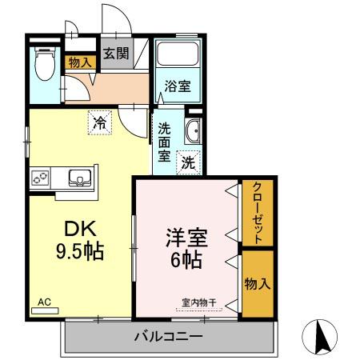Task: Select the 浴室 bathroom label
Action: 178,86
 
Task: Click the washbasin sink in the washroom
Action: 192,132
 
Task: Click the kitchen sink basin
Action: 78,177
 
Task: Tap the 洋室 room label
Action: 187,238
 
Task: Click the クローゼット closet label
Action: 257,213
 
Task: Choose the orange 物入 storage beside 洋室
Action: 256,283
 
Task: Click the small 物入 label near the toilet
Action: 78,62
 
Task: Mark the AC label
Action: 44,302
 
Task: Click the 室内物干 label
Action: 197,302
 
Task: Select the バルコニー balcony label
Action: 168,336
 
